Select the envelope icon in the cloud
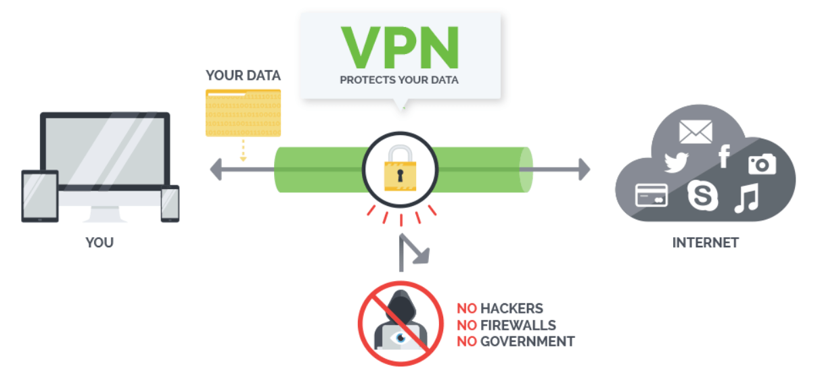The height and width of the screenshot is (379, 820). click(696, 131)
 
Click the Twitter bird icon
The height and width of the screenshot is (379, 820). click(675, 162)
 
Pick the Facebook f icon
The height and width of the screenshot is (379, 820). click(724, 156)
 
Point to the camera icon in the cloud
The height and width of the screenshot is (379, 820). click(761, 163)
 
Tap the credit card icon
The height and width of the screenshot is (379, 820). click(651, 195)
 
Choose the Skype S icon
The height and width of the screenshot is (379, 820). click(702, 195)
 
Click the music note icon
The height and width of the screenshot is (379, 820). click(746, 198)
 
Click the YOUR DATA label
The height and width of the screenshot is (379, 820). click(243, 75)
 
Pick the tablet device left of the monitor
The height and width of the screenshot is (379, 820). click(40, 196)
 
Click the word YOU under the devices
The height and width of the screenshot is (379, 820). click(99, 242)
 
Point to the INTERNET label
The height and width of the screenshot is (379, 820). click(705, 242)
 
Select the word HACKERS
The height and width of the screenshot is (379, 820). click(511, 309)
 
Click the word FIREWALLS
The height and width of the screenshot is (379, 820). click(518, 325)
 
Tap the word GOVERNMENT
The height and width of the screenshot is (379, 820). click(527, 341)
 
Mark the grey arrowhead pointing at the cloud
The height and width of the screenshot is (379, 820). click(582, 169)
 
